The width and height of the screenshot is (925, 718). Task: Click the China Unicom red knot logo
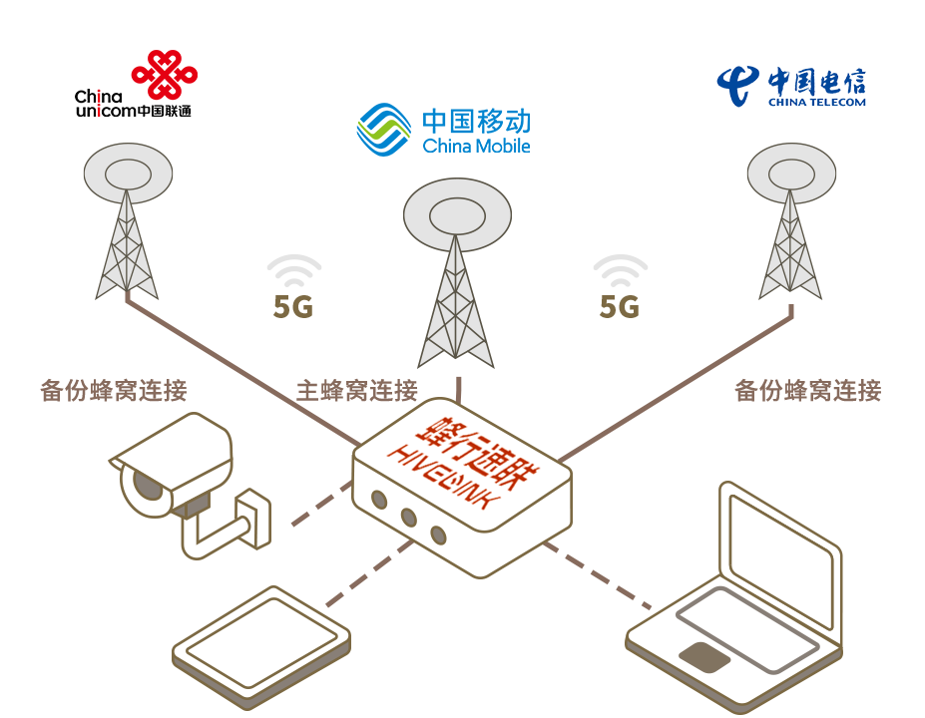pos(164,75)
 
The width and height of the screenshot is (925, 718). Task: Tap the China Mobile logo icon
pos(384,130)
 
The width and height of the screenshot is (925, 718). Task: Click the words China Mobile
pos(476,147)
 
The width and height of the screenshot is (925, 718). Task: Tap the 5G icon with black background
pos(294,286)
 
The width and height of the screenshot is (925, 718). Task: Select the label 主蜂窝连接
pos(356,390)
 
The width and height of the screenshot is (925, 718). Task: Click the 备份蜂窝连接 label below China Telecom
pos(807,390)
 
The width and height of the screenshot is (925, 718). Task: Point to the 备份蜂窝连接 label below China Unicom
pos(114,390)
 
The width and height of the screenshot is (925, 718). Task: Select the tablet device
pos(261,645)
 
